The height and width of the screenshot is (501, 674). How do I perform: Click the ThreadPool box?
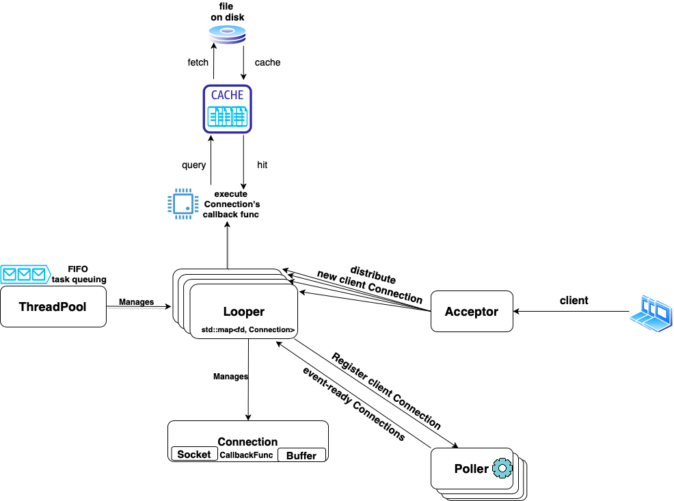click(x=53, y=307)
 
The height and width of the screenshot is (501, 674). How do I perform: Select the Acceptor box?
click(x=472, y=311)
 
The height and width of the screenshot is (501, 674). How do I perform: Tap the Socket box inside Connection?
click(x=194, y=454)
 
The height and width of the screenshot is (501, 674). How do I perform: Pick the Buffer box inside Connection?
click(x=301, y=455)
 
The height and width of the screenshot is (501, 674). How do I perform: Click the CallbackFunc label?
click(x=246, y=455)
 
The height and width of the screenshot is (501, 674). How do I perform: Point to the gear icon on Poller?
click(x=502, y=468)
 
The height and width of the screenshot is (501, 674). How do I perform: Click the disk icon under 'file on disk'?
click(x=227, y=34)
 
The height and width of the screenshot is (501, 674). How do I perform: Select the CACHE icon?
click(x=228, y=109)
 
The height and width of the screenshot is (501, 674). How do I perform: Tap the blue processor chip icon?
click(x=183, y=204)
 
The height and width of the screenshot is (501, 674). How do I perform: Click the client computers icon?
click(x=651, y=313)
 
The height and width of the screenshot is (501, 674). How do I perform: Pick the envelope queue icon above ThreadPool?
click(x=25, y=275)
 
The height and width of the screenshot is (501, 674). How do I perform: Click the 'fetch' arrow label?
click(x=198, y=62)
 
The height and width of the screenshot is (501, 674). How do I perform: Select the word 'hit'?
click(x=262, y=165)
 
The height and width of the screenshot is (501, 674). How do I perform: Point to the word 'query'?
click(x=194, y=165)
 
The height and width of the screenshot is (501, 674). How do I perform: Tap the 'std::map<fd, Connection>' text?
click(x=248, y=329)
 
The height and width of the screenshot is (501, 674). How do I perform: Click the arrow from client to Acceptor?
click(x=571, y=312)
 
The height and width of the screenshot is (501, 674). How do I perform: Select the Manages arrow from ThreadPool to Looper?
click(x=138, y=306)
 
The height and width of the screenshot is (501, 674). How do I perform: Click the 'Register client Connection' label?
click(x=386, y=390)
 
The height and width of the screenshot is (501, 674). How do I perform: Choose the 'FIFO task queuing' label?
click(x=79, y=274)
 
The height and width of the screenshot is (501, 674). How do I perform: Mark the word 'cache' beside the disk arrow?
click(x=267, y=63)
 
